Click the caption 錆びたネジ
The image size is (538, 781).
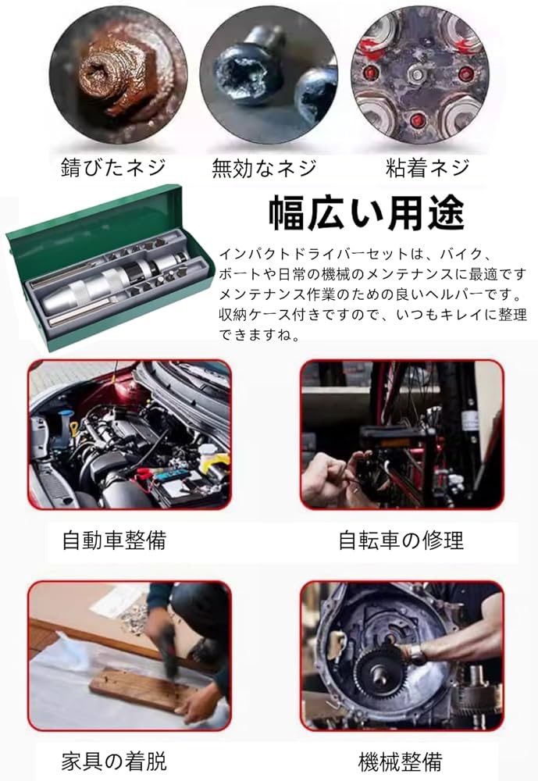[x=113, y=168]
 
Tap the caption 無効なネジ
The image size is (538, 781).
[x=264, y=168]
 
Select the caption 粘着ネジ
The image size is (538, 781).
[x=427, y=168]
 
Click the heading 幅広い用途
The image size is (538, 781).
[x=367, y=212]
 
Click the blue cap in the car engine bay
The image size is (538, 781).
[x=64, y=416]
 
